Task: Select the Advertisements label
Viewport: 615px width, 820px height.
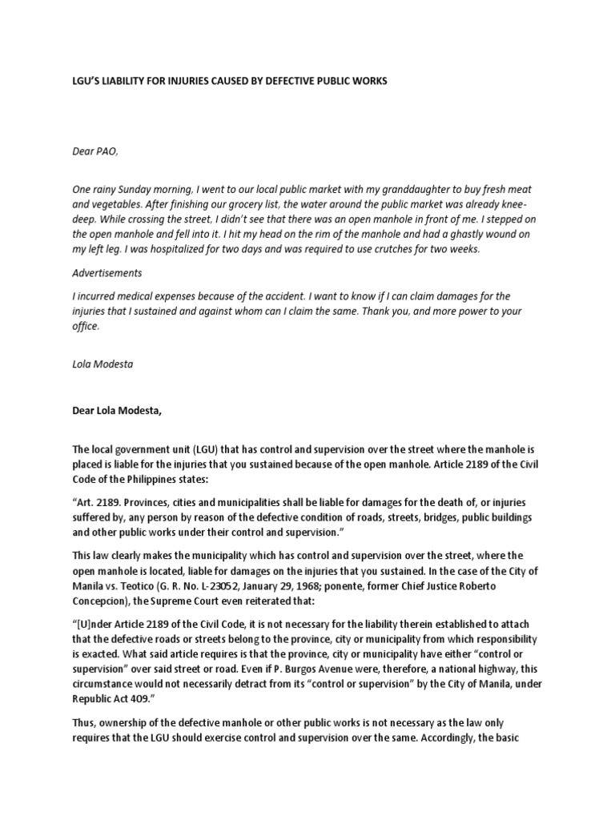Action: [107, 273]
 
